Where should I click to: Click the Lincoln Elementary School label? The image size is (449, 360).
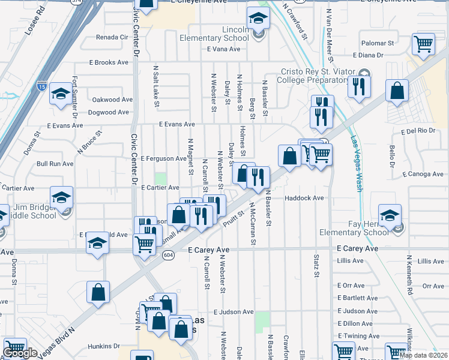tap(228, 34)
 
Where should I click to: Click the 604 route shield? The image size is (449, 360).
tap(168, 255)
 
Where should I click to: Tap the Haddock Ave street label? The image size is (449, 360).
tap(304, 197)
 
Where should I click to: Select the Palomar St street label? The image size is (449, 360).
tap(377, 43)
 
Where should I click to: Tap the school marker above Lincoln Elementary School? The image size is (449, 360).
tap(259, 19)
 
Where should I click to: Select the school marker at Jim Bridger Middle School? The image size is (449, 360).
tap(61, 197)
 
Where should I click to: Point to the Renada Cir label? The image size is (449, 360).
tap(113, 37)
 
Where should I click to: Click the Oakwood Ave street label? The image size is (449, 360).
tap(112, 100)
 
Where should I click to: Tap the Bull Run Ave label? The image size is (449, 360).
tap(55, 163)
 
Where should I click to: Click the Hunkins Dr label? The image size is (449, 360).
tap(104, 346)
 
